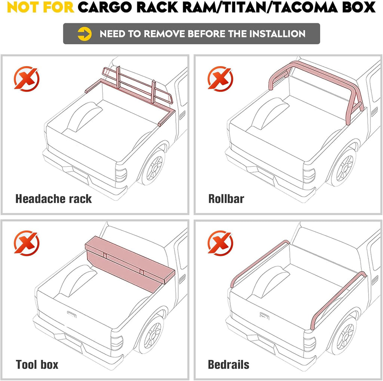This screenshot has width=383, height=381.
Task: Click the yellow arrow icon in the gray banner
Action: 85,34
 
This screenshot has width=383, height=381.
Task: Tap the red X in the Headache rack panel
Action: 27,79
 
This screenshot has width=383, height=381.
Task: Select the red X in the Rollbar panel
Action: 220,79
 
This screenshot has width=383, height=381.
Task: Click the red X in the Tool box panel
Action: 27,243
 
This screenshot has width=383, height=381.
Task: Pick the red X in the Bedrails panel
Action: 220,243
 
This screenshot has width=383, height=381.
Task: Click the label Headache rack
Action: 53,199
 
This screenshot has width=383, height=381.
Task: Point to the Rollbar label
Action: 226,199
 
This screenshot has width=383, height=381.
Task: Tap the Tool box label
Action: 37,365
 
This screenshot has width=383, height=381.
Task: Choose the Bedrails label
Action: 229,365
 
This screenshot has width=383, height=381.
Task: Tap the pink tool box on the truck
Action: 130,264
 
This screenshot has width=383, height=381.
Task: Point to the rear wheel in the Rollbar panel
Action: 344,168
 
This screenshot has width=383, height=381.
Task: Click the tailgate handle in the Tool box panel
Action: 71,314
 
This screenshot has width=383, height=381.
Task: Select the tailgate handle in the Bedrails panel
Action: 264,316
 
